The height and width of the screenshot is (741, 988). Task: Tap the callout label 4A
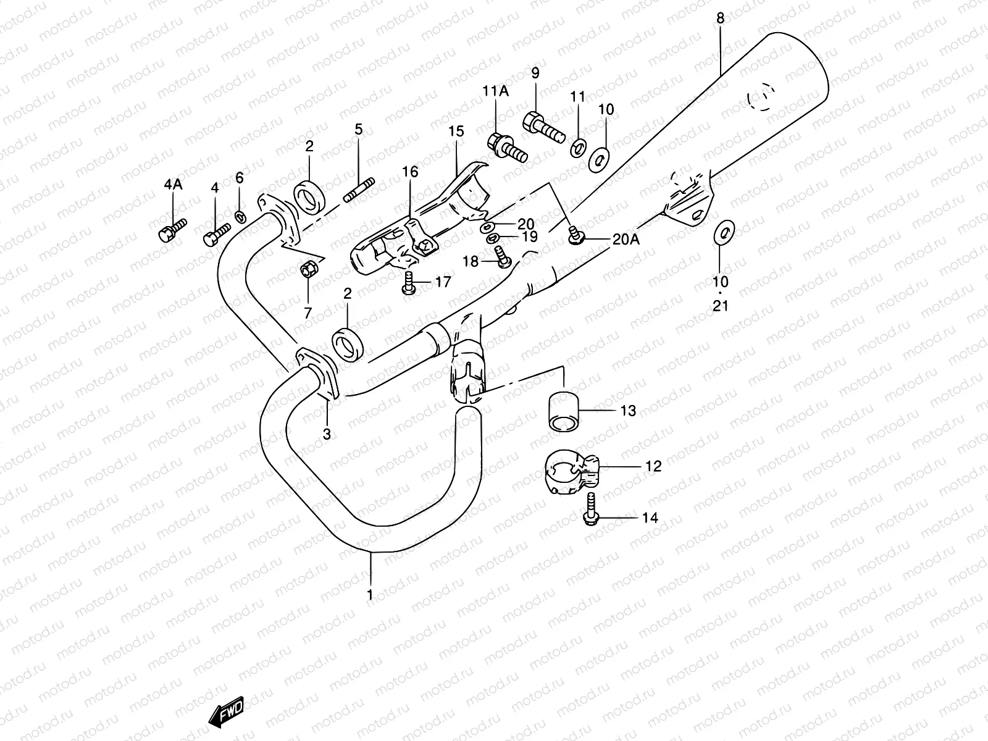(x=174, y=184)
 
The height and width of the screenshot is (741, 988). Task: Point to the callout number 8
(x=720, y=19)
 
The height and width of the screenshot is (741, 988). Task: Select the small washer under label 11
(x=579, y=149)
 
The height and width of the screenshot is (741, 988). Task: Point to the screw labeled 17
(x=407, y=284)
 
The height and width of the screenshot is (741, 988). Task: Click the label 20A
(x=626, y=240)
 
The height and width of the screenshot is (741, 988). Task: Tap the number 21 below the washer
(x=721, y=305)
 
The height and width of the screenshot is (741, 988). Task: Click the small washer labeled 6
(x=240, y=216)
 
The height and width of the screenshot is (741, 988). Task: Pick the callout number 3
(x=327, y=434)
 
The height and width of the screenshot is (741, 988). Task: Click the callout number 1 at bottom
(x=370, y=595)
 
